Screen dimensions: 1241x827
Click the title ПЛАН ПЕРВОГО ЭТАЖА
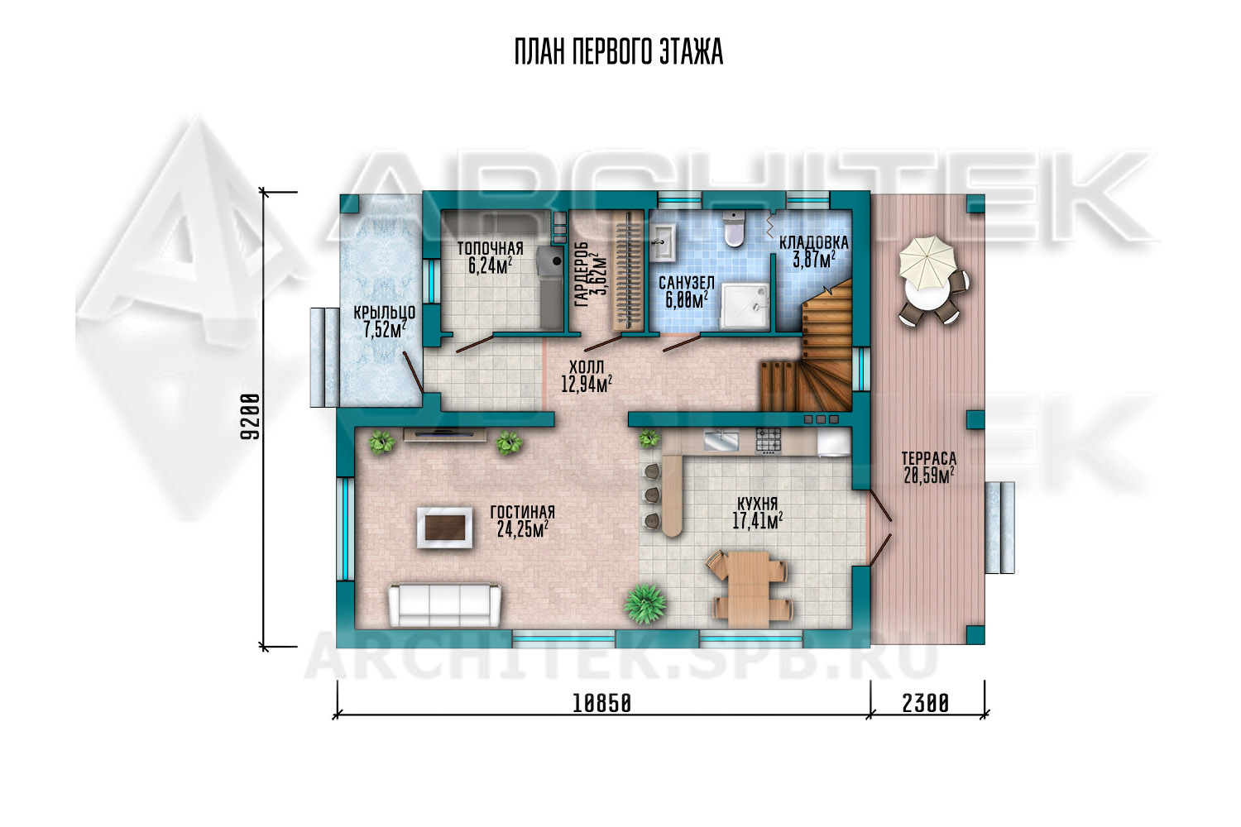(619, 52)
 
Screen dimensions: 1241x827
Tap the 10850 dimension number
(601, 704)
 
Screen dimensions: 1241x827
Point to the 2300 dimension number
(926, 704)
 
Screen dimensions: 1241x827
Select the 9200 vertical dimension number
(250, 417)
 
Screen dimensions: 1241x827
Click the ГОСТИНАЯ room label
(522, 512)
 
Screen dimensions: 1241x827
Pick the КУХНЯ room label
(757, 504)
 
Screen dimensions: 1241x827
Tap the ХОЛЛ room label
(587, 366)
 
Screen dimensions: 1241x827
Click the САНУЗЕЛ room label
(687, 283)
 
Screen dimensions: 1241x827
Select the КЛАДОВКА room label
(814, 242)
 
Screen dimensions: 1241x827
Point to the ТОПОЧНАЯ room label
(491, 249)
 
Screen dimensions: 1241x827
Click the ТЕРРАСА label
(929, 459)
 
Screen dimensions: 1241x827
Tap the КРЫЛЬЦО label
(385, 313)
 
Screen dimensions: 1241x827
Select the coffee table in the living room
(445, 528)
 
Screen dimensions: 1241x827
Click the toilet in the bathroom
(734, 229)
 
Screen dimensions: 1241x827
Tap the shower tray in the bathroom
(745, 306)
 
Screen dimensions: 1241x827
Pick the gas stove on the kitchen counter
(769, 441)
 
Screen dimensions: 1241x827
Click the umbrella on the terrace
(927, 262)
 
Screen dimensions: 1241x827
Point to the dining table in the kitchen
(749, 586)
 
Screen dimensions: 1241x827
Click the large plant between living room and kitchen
(644, 603)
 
